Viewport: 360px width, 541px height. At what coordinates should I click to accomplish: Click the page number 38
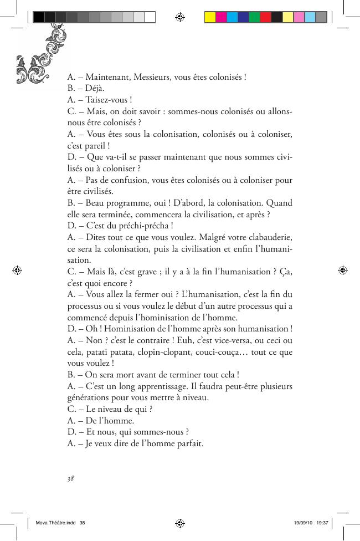coord(70,478)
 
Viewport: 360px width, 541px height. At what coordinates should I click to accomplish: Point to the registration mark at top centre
coord(179,17)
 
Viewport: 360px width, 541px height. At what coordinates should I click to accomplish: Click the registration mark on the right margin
coord(343,270)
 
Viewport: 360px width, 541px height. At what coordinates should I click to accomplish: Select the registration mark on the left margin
coord(17,270)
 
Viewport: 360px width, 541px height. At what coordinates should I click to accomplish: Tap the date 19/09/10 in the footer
coord(302,523)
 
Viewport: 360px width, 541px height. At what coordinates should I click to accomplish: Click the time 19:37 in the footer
coord(323,523)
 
